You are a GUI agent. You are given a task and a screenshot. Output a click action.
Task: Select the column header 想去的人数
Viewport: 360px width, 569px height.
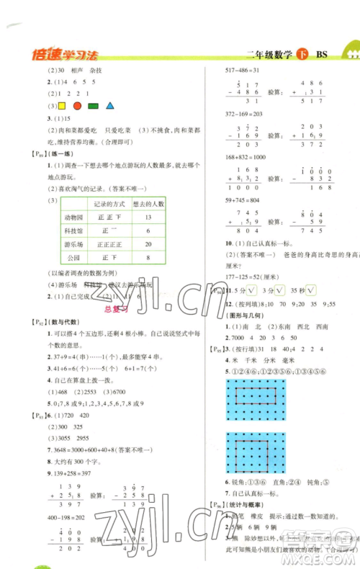point(147,202)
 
